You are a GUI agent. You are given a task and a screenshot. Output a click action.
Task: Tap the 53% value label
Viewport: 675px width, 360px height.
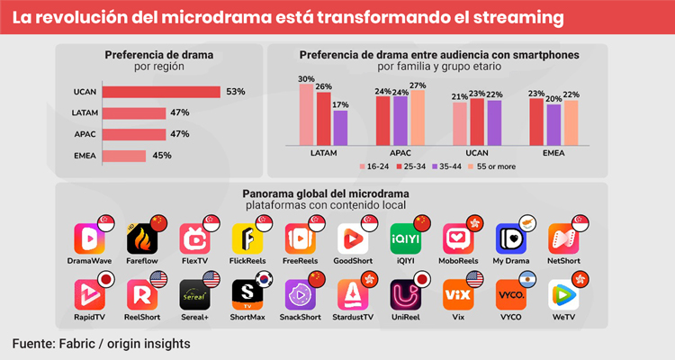(236, 92)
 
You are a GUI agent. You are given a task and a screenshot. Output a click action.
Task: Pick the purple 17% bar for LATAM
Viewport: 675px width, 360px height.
(339, 128)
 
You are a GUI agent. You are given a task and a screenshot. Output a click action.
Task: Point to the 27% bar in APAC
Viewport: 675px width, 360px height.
(418, 118)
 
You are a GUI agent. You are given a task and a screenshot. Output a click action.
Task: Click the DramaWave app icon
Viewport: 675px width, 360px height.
(91, 238)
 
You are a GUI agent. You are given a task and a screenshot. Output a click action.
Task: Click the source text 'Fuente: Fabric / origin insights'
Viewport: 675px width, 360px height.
(101, 345)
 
